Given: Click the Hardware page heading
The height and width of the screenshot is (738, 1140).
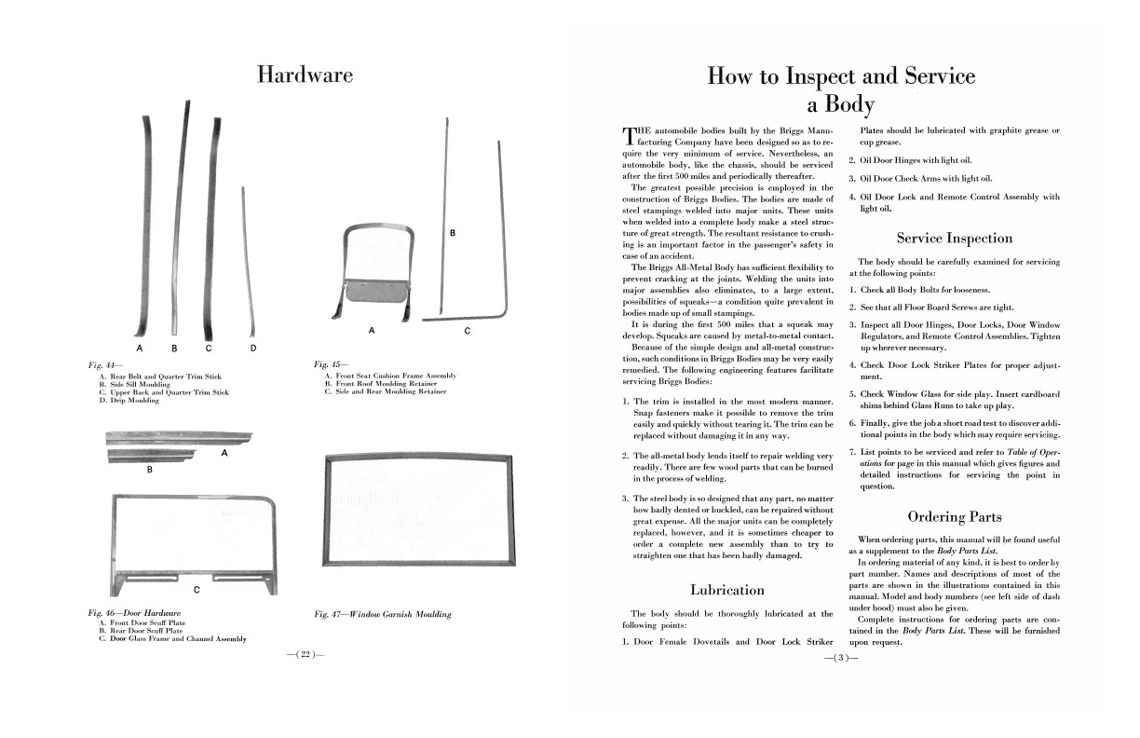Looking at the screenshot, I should pyautogui.click(x=305, y=75).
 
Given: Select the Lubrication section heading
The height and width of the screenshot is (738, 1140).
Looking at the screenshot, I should pyautogui.click(x=727, y=589).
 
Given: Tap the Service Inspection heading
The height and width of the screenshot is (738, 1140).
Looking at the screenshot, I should pyautogui.click(x=954, y=238).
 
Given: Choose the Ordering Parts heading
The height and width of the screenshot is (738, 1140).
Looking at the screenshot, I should pyautogui.click(x=954, y=516).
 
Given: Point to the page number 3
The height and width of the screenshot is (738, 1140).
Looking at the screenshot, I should pyautogui.click(x=840, y=658).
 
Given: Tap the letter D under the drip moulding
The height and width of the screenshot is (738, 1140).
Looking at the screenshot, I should pyautogui.click(x=253, y=348).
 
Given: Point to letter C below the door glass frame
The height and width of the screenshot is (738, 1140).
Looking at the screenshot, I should pyautogui.click(x=196, y=590).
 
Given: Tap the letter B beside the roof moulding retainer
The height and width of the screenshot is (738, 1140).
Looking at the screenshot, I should pyautogui.click(x=453, y=232).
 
